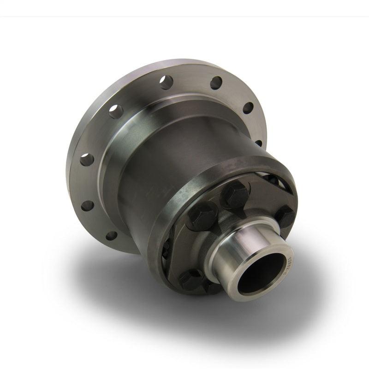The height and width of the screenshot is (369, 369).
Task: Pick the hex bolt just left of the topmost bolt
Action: (x=202, y=215)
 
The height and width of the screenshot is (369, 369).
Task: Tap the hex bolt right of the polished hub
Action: (x=285, y=215)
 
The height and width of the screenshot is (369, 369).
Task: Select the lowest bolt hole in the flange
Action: (x=111, y=236)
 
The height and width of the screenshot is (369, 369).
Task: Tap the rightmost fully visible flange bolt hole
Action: (x=248, y=108)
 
